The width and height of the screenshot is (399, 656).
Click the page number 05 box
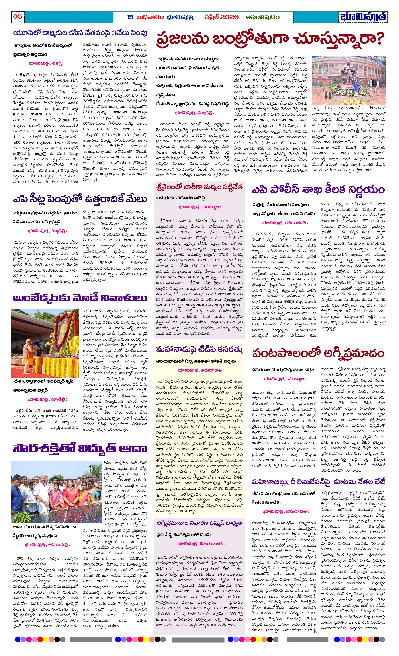tap(18, 16)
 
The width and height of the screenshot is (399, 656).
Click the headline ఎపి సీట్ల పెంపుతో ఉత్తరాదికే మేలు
tap(80, 199)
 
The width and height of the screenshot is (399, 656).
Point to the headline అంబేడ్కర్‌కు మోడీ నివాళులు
tap(80, 298)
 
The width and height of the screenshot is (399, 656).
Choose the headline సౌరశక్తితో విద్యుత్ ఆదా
tap(80, 448)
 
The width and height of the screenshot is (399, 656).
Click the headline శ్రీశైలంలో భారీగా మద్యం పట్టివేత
tap(199, 187)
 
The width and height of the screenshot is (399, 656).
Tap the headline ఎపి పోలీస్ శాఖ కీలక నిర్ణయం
tap(318, 189)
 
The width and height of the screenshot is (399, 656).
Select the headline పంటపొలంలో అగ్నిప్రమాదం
tap(318, 353)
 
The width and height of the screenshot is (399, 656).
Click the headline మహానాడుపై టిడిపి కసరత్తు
tap(199, 349)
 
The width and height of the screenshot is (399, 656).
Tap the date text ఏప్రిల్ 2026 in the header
tap(221, 17)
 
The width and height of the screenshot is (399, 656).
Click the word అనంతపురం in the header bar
tap(262, 17)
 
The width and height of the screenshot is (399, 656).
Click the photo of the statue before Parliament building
tap(349, 81)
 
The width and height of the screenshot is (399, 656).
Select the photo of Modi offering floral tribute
tap(45, 343)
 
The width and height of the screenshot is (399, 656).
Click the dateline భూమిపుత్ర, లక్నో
tap(46, 63)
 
